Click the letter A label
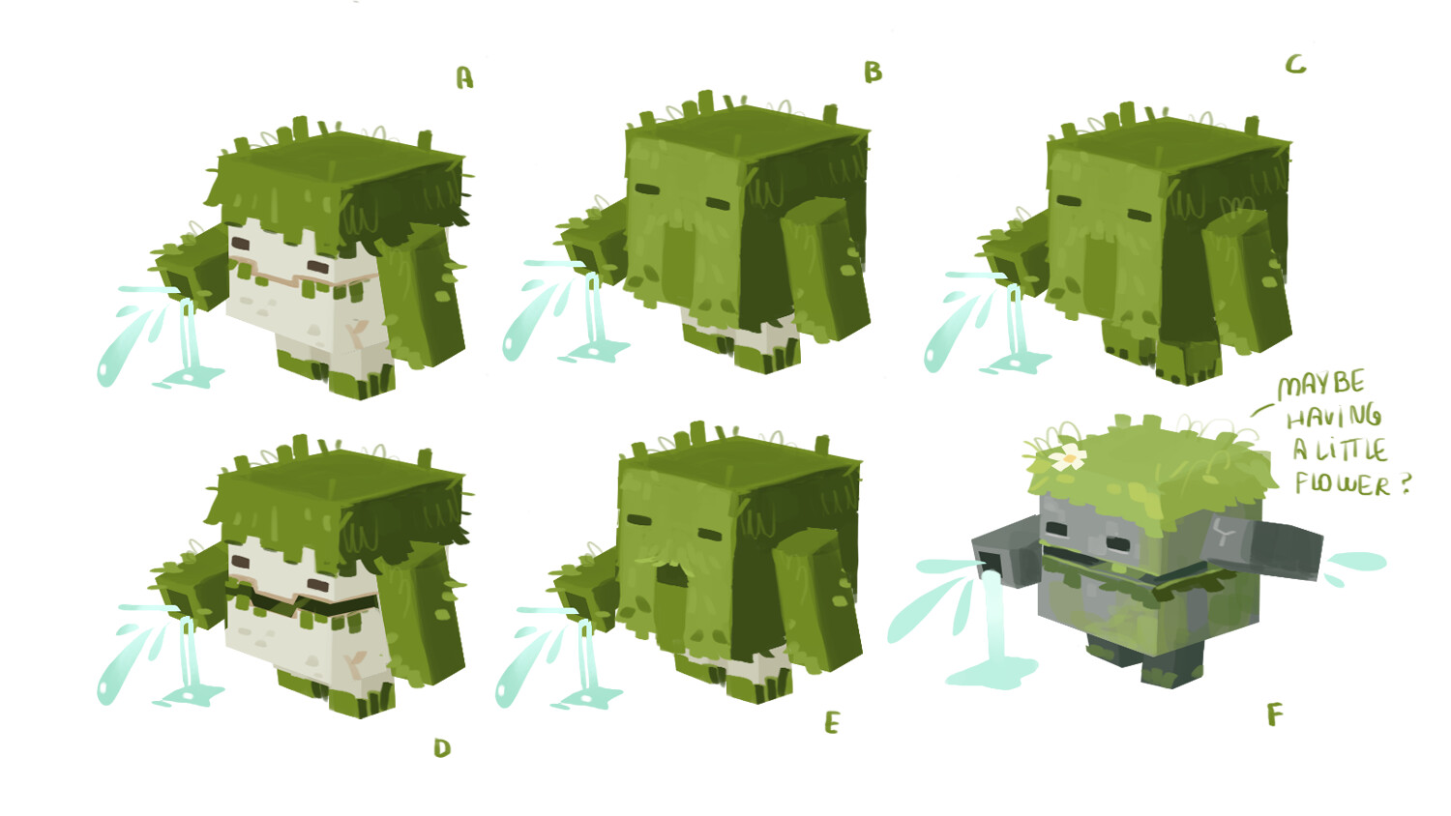pyautogui.click(x=464, y=77)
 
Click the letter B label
pyautogui.click(x=873, y=72)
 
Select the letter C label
pyautogui.click(x=1295, y=65)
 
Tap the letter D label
pyautogui.click(x=442, y=747)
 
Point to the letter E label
pyautogui.click(x=832, y=723)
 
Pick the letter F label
pyautogui.click(x=1275, y=715)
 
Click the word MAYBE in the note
pyautogui.click(x=1320, y=384)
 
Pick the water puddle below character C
pyautogui.click(x=1016, y=364)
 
